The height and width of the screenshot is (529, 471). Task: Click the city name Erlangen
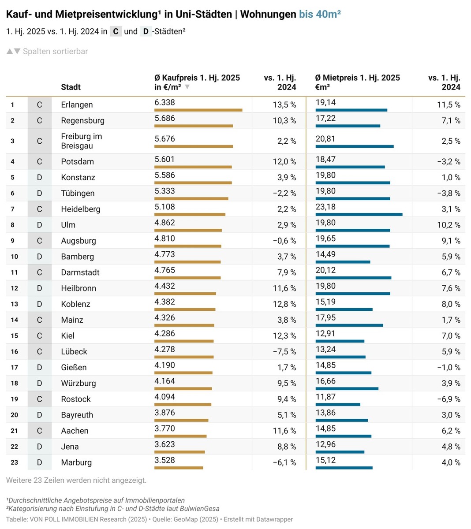(77, 105)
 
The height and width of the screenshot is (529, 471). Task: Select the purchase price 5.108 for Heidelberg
(164, 207)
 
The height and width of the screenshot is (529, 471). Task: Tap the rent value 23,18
(325, 207)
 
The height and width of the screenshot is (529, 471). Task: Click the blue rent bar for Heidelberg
(359, 215)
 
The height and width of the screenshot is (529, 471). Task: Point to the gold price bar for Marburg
(179, 468)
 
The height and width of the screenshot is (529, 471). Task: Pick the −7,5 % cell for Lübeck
(284, 352)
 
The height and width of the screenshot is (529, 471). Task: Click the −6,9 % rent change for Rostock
(449, 399)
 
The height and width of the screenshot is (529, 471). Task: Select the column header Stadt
(71, 87)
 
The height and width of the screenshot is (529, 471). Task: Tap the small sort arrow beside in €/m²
(187, 87)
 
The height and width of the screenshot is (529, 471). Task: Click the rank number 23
(15, 462)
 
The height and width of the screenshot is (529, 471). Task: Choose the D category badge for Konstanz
(39, 178)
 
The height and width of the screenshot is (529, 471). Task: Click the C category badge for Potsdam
(39, 162)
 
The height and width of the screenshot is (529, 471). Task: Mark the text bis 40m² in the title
(320, 15)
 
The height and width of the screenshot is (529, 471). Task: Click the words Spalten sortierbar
(55, 52)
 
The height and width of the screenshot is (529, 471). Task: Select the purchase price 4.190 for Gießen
(164, 365)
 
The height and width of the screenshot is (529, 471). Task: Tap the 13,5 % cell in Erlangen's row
(284, 105)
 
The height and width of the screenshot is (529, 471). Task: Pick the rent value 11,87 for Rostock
(325, 397)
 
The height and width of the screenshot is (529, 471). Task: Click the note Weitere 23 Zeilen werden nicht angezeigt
(76, 480)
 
